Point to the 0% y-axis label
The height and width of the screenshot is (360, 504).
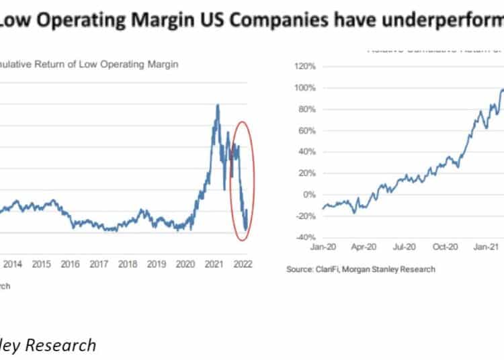pyautogui.click(x=309, y=195)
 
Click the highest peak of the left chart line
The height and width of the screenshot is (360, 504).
pyautogui.click(x=217, y=105)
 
